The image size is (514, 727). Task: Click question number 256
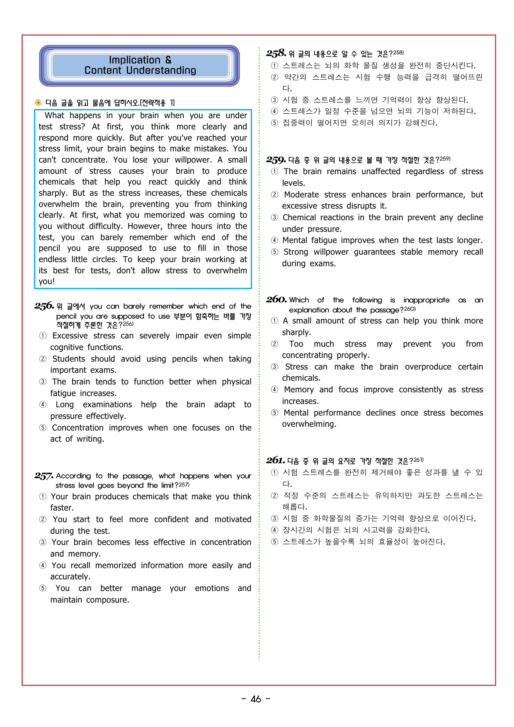click(x=44, y=306)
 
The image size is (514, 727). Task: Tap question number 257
click(x=44, y=476)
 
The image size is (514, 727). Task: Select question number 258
click(x=276, y=53)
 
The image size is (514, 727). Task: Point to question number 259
click(x=276, y=160)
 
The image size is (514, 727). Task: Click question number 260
click(x=276, y=299)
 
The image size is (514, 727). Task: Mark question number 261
click(x=275, y=460)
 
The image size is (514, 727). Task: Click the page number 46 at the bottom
click(x=256, y=699)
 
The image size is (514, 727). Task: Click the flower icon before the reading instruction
click(x=38, y=102)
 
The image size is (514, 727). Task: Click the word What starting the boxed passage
click(x=54, y=115)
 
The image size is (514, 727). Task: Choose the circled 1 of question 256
click(x=43, y=336)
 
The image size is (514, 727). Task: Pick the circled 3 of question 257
click(x=43, y=542)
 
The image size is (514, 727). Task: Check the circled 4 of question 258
click(x=274, y=111)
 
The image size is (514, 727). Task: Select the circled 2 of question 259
click(x=274, y=195)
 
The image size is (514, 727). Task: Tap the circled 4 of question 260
click(x=274, y=390)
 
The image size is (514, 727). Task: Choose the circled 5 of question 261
click(x=274, y=542)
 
